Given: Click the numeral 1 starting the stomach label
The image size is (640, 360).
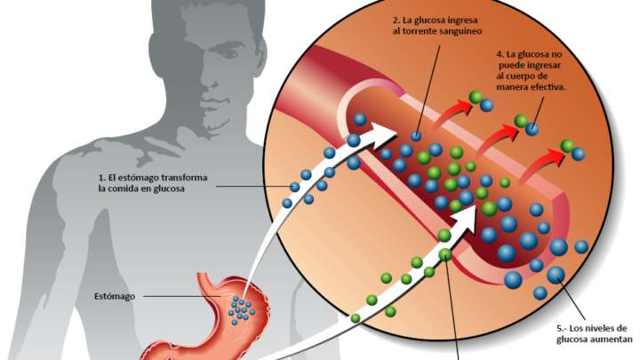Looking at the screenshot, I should click(x=101, y=178).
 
